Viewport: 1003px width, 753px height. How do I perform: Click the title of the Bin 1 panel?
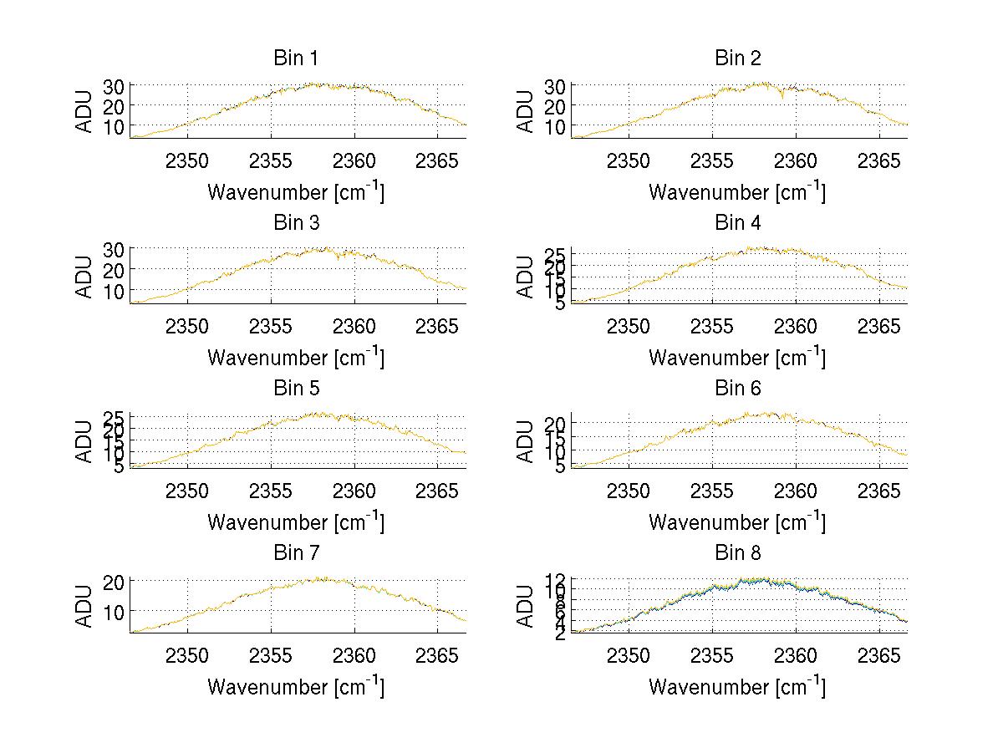(296, 59)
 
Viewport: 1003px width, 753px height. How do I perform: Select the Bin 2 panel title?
(737, 59)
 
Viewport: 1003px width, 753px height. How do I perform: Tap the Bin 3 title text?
(296, 223)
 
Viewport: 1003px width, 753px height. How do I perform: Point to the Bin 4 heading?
(737, 223)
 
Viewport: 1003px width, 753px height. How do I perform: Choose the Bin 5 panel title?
(296, 389)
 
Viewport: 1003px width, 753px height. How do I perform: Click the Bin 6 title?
(737, 389)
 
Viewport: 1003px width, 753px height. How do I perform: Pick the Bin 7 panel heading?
(296, 553)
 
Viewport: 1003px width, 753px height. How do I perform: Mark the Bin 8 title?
(737, 553)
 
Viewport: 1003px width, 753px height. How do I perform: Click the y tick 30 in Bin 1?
(115, 86)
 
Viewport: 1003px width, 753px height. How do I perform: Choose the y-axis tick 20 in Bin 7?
(115, 582)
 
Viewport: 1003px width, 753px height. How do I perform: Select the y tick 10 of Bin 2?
(556, 126)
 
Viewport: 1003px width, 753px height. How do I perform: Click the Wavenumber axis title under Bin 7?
(296, 687)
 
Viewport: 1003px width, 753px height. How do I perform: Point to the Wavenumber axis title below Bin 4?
(737, 357)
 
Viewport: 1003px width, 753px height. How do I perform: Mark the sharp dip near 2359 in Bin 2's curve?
(782, 98)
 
